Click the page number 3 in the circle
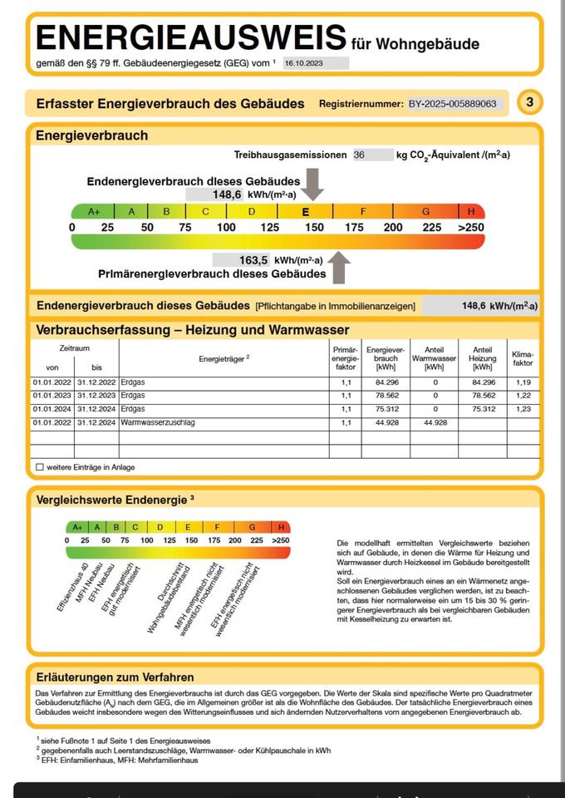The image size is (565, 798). click(530, 103)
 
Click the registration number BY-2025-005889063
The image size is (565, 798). click(453, 104)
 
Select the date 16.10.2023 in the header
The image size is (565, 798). click(301, 62)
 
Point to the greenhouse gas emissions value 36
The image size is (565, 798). click(359, 155)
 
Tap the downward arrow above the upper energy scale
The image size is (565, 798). click(312, 182)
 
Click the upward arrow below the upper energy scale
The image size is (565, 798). click(339, 268)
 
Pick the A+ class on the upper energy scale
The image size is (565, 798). click(94, 211)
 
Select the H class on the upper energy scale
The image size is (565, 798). click(470, 211)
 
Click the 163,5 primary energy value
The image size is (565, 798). click(253, 260)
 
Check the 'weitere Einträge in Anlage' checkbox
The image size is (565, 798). click(40, 467)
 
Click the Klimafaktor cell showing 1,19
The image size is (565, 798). click(523, 382)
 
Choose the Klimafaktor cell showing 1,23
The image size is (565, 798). click(523, 409)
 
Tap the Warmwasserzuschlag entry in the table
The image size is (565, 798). click(158, 422)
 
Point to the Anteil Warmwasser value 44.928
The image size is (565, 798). click(435, 422)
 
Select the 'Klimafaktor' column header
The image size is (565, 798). click(523, 358)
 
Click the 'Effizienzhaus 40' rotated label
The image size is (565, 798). click(73, 588)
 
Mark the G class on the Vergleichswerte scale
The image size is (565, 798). click(252, 527)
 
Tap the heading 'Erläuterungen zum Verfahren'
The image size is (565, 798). click(115, 677)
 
